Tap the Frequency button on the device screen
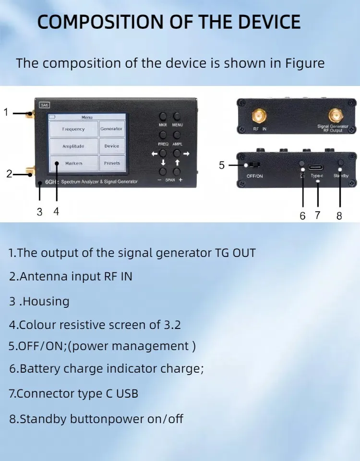point(73,129)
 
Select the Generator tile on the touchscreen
point(111,129)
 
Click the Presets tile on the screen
point(111,163)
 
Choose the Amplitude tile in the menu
point(73,146)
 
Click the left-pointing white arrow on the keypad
point(154,154)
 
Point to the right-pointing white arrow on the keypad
point(186,154)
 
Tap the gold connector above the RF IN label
point(260,116)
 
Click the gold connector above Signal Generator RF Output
point(336,116)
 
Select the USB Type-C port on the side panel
point(316,167)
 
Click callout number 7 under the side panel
point(317,215)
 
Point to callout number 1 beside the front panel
point(6,112)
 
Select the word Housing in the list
point(46,302)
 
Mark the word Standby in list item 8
point(43,419)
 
